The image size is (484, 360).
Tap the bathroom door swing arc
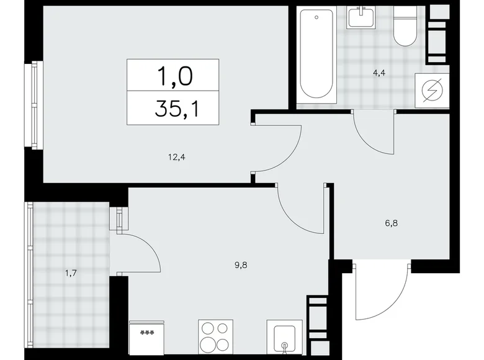[372, 132]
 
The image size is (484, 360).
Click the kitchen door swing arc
[301, 208]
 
